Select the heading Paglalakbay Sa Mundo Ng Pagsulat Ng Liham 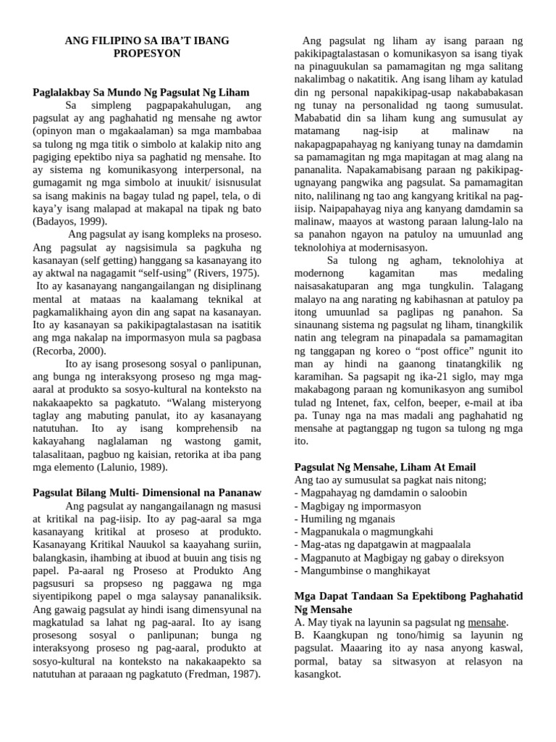(x=141, y=93)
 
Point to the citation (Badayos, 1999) (x=70, y=221)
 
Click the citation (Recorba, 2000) (x=69, y=351)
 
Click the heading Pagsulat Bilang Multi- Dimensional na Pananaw (x=147, y=493)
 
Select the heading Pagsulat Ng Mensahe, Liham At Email (x=385, y=467)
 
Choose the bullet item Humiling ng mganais (x=345, y=519)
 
